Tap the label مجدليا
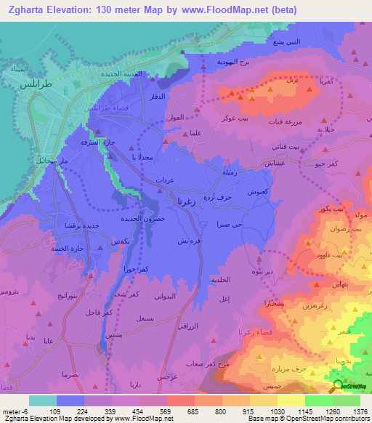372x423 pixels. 142,156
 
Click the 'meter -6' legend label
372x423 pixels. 15,411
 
